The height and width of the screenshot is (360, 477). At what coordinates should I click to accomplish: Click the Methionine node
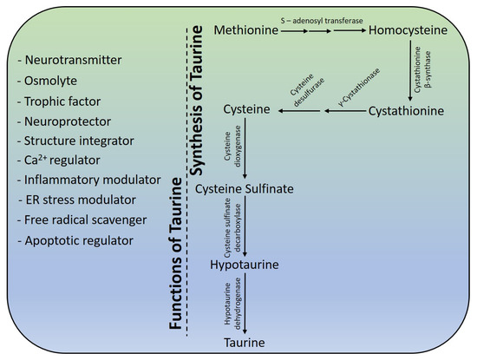[x=245, y=32]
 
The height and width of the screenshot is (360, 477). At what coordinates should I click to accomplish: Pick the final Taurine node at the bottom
[x=245, y=343]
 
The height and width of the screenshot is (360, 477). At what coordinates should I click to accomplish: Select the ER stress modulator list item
[x=76, y=200]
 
